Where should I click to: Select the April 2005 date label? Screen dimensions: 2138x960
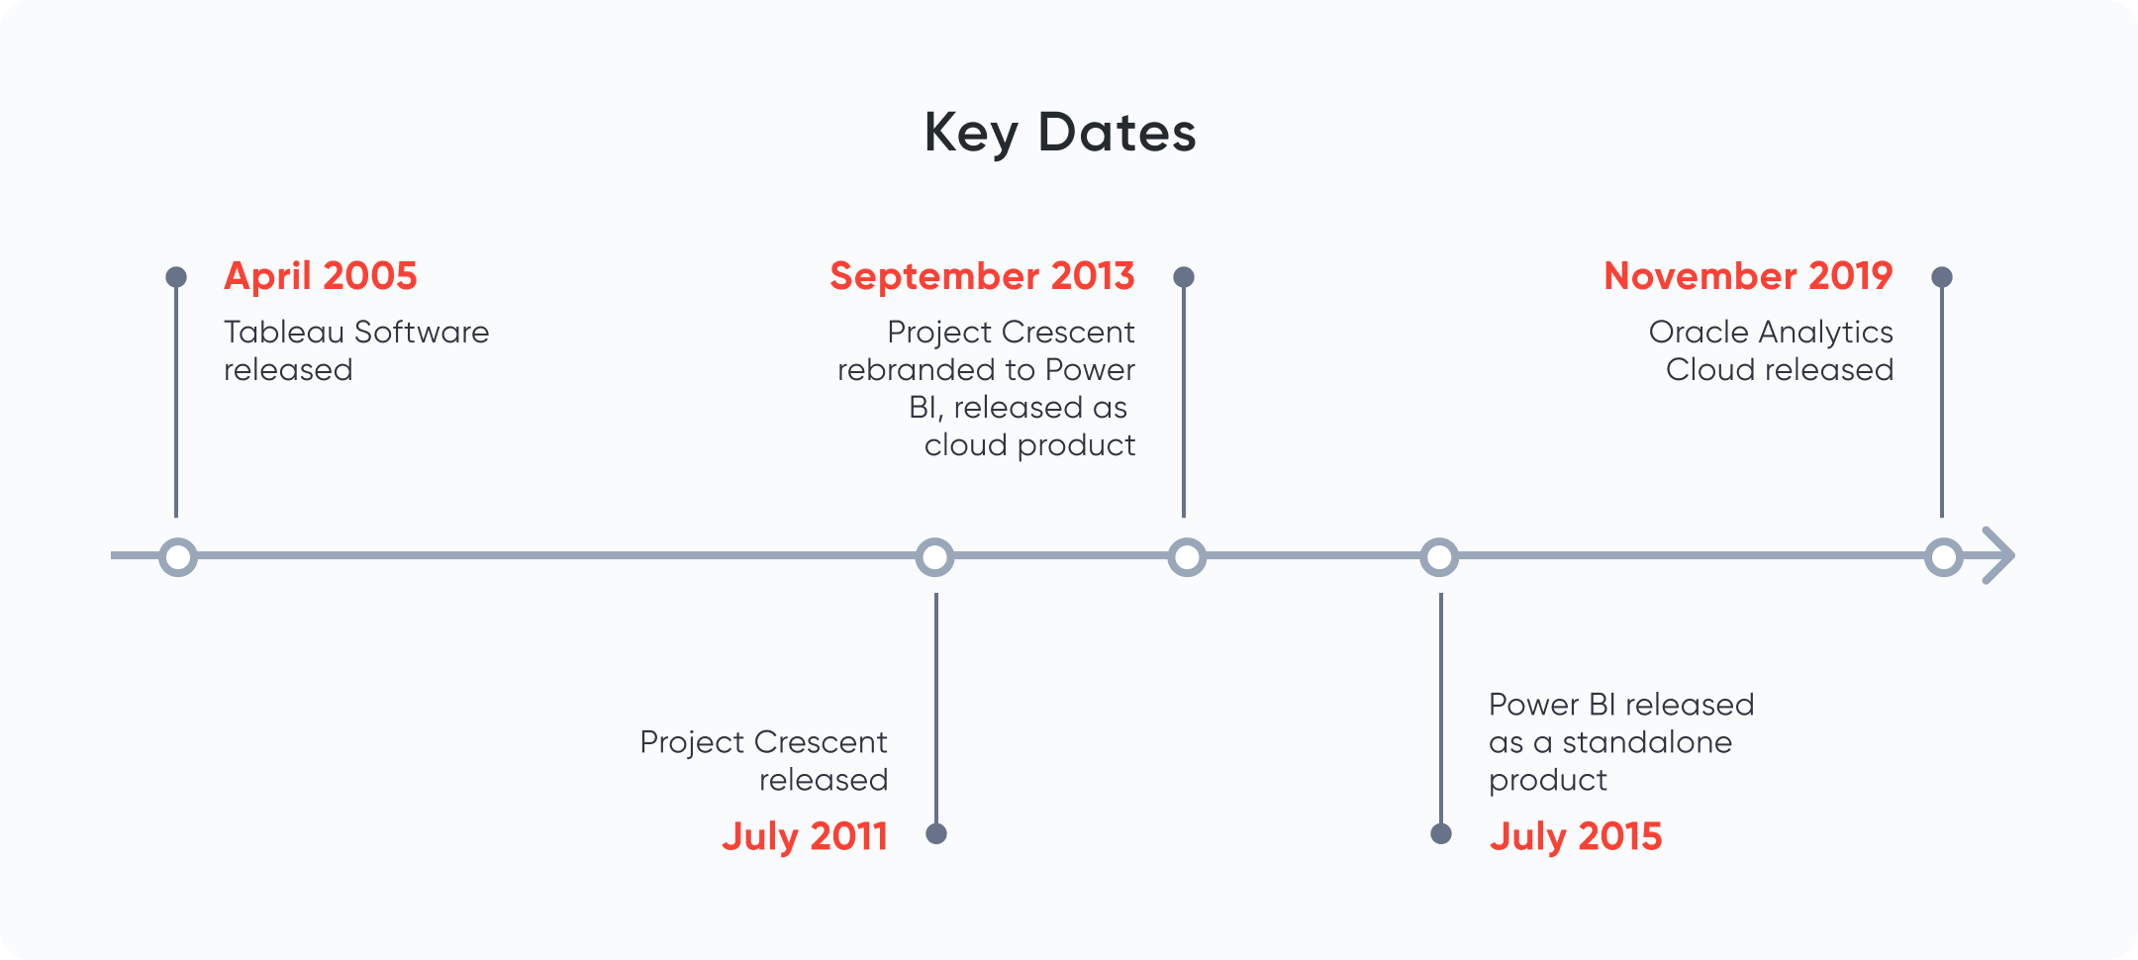coord(321,276)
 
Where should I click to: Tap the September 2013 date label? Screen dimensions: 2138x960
coord(982,276)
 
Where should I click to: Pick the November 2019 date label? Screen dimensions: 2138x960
coord(1748,276)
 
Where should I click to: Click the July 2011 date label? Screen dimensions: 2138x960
coord(805,836)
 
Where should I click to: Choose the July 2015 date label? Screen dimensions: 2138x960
coord(1576,836)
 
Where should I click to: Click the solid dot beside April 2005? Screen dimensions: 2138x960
coord(176,277)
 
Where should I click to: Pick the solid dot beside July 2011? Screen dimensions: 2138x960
coord(936,833)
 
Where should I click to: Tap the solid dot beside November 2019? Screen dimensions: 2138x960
coord(1942,277)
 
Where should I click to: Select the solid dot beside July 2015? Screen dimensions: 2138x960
coord(1441,833)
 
